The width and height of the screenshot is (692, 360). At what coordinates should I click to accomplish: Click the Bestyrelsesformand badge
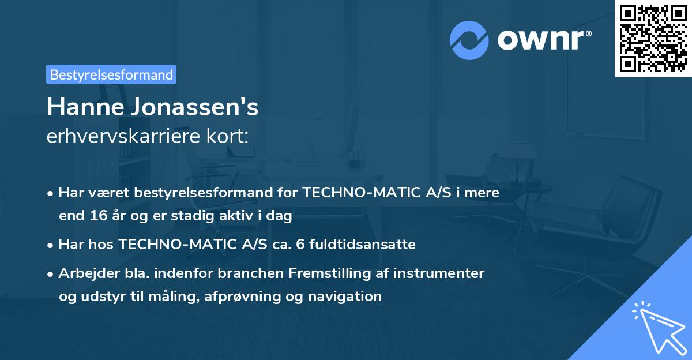click(111, 74)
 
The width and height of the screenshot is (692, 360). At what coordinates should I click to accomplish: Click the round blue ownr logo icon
click(469, 40)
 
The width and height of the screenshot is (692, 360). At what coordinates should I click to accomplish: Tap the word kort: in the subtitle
click(230, 136)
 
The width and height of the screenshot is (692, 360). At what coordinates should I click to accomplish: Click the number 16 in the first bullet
click(96, 216)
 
